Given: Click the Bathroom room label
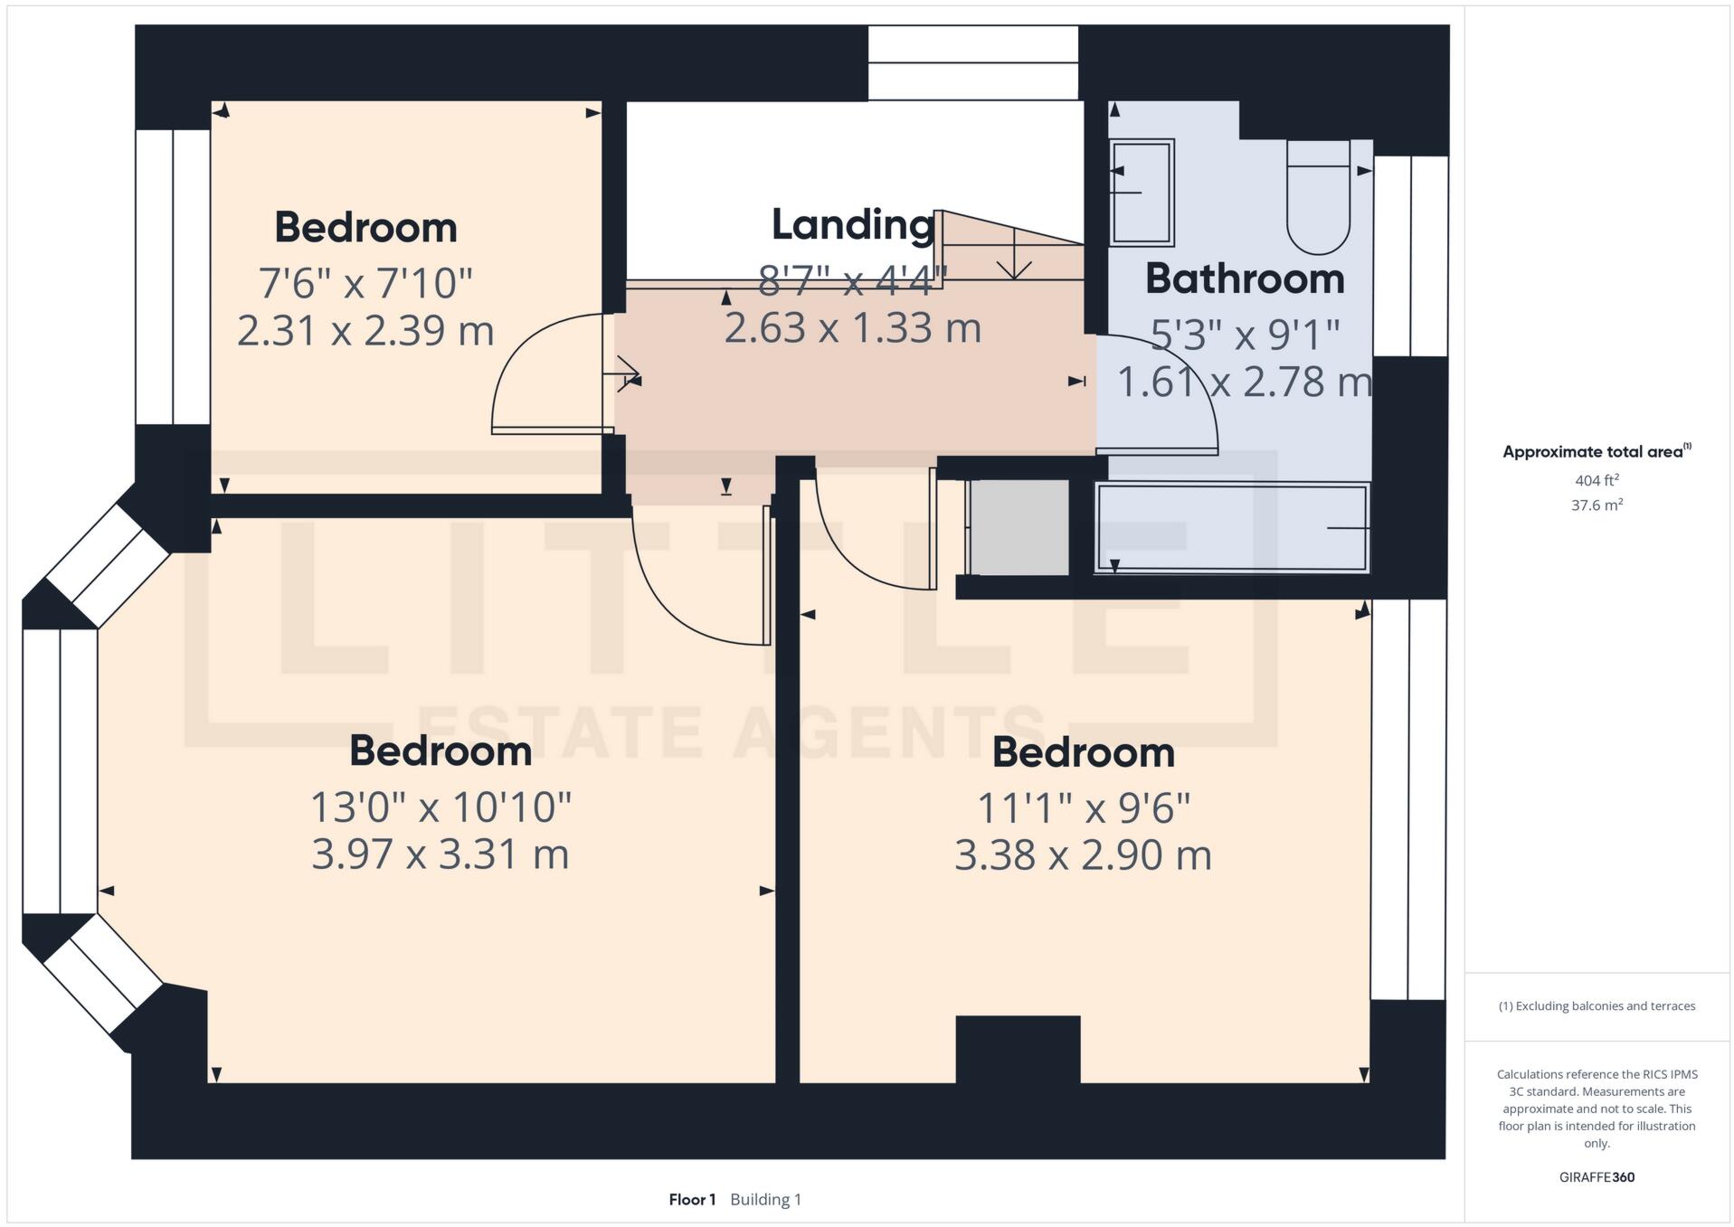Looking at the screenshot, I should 1244,278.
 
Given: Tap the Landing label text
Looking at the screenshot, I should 852,224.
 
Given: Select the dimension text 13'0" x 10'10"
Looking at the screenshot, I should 441,807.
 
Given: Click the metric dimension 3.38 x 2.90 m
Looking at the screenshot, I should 1083,854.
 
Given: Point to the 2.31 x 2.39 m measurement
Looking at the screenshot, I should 365,330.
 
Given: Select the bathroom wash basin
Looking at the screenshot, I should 1142,192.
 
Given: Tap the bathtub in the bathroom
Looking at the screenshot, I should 1231,527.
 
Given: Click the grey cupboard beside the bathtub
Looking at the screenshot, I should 1019,527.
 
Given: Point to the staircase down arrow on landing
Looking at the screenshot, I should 1014,256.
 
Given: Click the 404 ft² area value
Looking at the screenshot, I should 1597,480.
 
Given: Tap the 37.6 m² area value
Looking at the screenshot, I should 1597,505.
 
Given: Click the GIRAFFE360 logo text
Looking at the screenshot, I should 1597,1177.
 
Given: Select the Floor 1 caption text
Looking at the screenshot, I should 692,1200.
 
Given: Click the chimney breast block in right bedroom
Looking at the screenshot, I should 1018,1049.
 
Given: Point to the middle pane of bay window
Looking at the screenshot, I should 60,770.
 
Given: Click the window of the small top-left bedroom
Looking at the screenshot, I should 173,277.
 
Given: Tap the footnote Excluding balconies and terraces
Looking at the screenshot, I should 1597,1006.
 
